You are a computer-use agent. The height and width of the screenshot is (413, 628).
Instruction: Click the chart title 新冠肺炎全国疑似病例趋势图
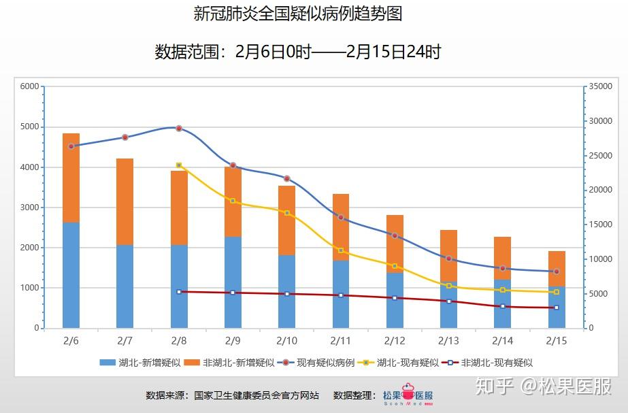click(x=298, y=14)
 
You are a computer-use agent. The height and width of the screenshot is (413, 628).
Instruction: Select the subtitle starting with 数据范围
click(x=298, y=52)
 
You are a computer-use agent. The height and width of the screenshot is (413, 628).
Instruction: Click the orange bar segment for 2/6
click(x=71, y=178)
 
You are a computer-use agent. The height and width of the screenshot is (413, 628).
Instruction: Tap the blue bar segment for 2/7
click(x=125, y=286)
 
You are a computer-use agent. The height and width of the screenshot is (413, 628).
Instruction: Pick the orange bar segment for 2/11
click(x=341, y=227)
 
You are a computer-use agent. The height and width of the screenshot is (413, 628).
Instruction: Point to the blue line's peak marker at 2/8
click(x=179, y=128)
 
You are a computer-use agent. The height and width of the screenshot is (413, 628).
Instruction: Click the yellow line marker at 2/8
click(x=179, y=165)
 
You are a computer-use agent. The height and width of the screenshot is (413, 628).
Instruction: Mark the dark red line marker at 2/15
click(x=557, y=308)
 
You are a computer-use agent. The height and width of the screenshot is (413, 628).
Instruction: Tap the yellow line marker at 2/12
click(x=395, y=266)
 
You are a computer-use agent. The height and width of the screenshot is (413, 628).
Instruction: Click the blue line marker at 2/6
click(x=71, y=146)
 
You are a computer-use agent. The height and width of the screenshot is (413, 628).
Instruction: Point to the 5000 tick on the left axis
click(x=29, y=127)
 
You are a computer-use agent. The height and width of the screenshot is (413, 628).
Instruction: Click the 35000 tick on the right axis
click(x=599, y=87)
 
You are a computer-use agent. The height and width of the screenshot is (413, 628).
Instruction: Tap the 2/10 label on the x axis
click(x=286, y=340)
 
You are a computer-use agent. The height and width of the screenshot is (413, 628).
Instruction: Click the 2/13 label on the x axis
click(x=448, y=340)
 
